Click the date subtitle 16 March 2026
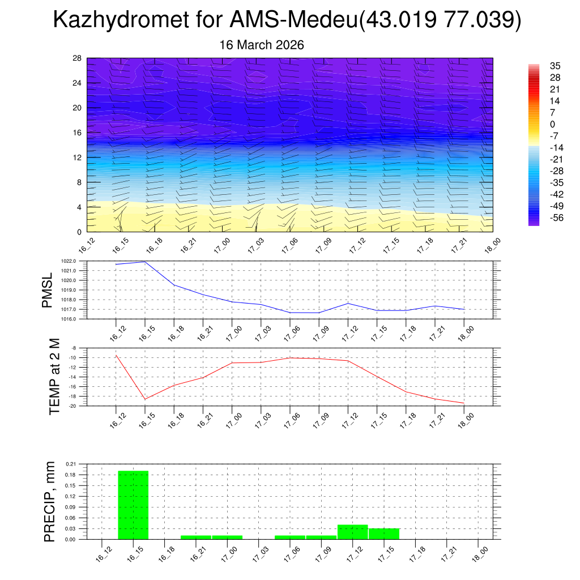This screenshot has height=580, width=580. click(262, 45)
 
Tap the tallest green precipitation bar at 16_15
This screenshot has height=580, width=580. click(133, 505)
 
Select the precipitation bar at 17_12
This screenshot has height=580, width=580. click(352, 532)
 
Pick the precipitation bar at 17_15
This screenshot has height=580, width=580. click(384, 534)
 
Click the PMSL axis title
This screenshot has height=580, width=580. click(47, 290)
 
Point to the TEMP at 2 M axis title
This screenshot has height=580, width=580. click(54, 377)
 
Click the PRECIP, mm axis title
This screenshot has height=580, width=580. click(50, 501)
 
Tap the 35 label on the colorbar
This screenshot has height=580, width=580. click(555, 66)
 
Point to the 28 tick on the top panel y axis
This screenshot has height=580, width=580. click(78, 58)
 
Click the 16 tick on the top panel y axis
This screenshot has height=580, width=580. click(78, 133)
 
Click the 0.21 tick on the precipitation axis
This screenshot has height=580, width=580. click(71, 463)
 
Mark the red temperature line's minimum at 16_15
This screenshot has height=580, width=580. click(145, 399)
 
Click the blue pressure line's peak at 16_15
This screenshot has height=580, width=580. click(145, 262)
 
